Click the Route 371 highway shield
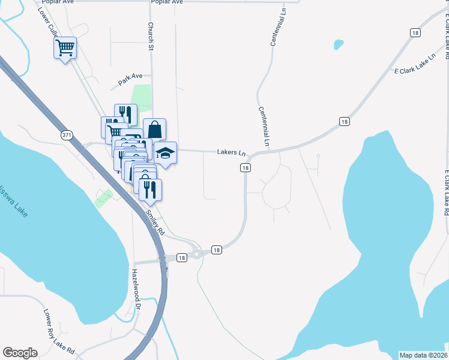(x=67, y=136)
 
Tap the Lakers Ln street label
(x=232, y=153)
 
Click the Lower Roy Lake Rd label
(x=59, y=331)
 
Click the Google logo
(x=20, y=352)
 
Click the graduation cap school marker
(x=166, y=153)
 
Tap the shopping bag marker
(x=155, y=128)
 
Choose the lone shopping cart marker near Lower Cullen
(x=65, y=47)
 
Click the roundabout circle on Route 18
(x=196, y=254)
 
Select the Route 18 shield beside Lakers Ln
(x=246, y=168)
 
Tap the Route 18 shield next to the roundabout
(x=217, y=250)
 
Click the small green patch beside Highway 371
(x=104, y=197)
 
